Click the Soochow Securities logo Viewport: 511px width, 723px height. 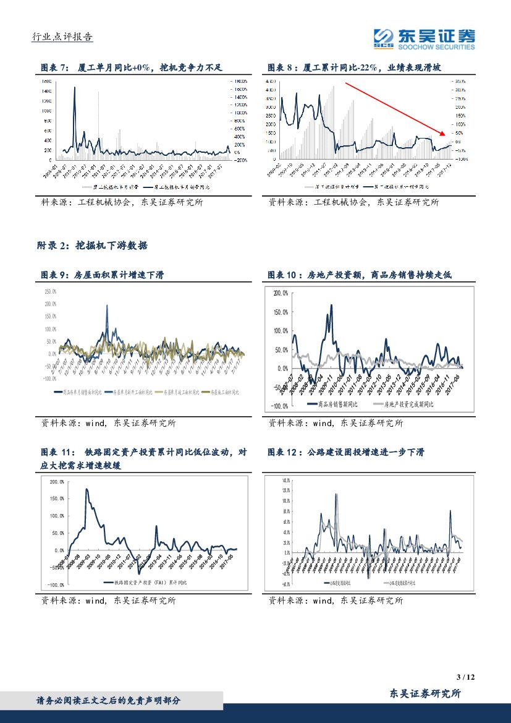pos(424,38)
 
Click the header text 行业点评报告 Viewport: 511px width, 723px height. pos(62,37)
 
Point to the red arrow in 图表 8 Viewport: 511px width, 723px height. pos(395,109)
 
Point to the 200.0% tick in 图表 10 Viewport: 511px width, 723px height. pos(280,293)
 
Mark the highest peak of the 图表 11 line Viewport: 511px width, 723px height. pos(87,490)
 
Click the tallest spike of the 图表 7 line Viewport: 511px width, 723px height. pos(75,87)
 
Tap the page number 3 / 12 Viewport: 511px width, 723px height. pos(467,677)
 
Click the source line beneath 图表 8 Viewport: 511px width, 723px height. pos(353,202)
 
